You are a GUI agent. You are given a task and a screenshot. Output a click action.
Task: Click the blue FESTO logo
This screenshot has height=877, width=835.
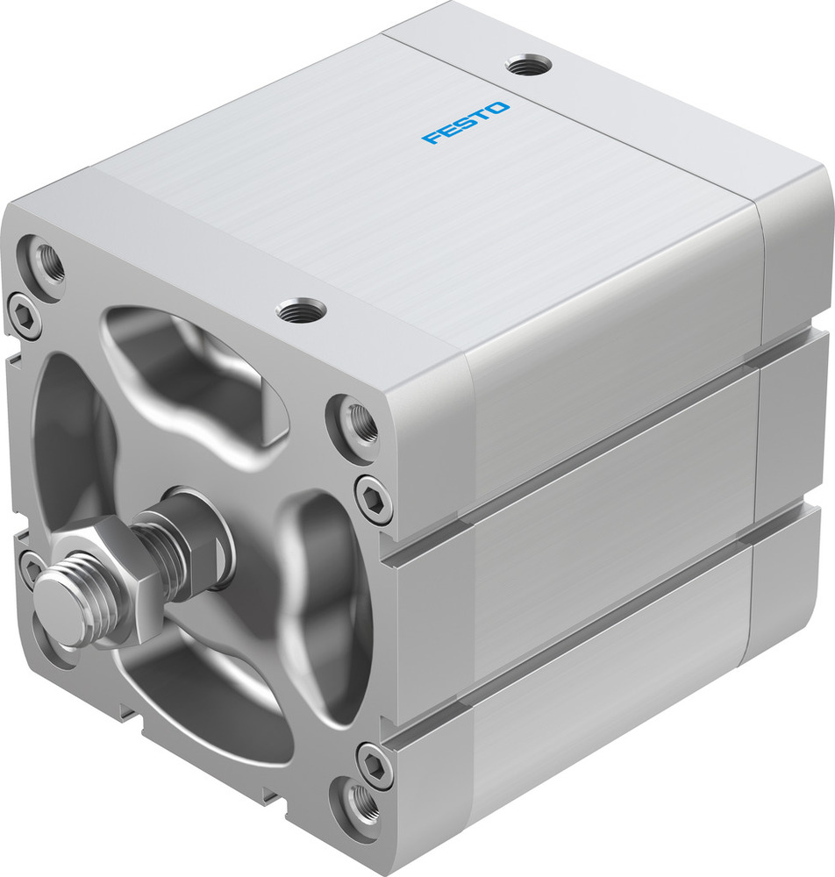tap(465, 123)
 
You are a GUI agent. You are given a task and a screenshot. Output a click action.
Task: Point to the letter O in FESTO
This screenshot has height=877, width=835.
tap(497, 109)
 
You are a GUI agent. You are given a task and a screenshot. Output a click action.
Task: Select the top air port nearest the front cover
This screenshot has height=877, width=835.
tap(301, 310)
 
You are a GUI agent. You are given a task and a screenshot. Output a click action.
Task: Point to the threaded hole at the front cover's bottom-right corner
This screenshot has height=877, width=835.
tap(360, 800)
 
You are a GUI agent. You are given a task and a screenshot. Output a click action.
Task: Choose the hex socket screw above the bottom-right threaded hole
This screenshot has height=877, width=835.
tap(375, 761)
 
